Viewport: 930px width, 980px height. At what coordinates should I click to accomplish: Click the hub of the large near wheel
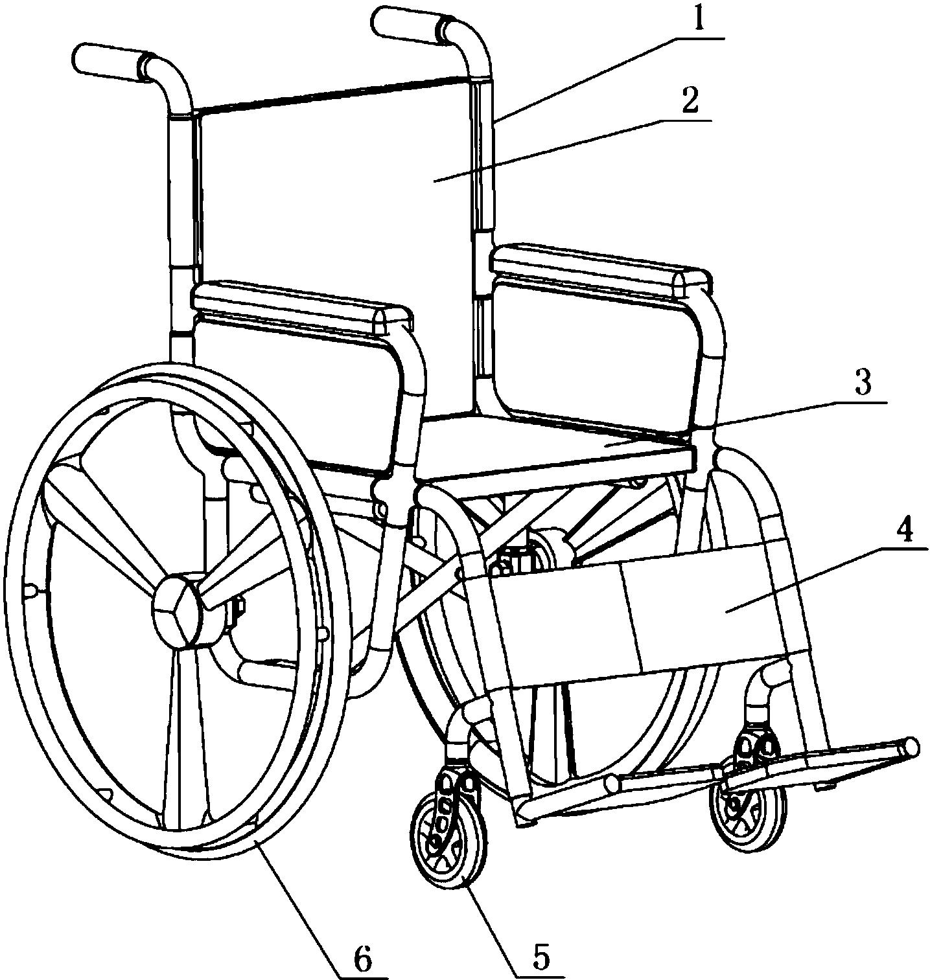pos(180,610)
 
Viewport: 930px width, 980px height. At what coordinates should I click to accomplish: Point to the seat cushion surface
pos(557,447)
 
